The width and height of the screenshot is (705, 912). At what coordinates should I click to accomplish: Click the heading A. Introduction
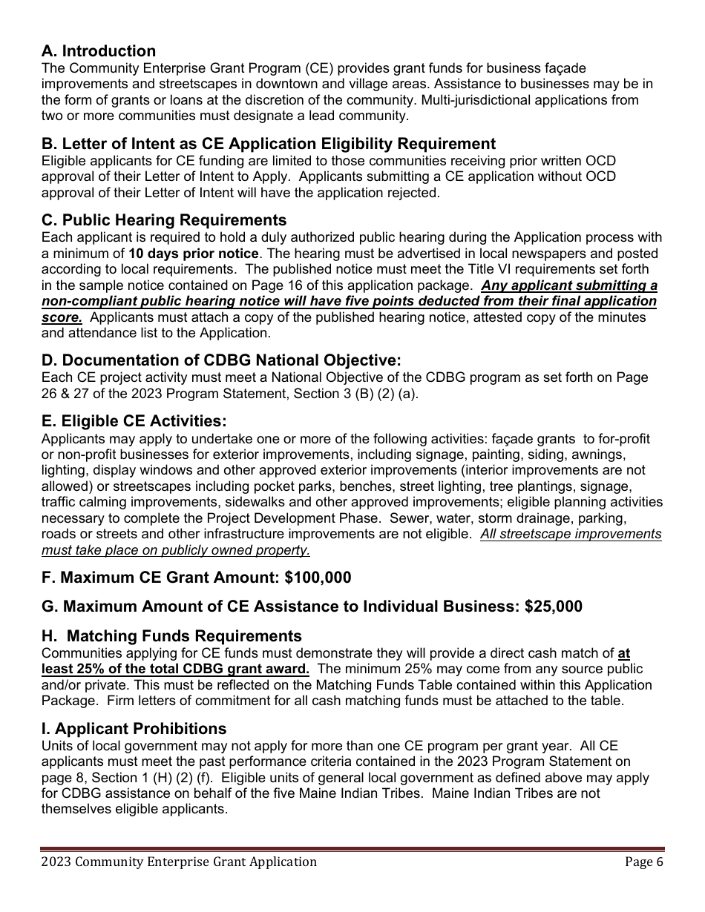pos(99,51)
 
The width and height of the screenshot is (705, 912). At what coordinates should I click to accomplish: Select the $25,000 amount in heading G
pos(553,607)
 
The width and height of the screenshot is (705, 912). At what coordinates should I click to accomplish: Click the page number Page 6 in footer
pos(643,862)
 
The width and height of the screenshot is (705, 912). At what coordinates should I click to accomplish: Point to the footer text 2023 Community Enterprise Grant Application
pos(179,862)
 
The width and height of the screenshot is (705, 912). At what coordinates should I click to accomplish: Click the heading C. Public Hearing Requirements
pos(164,220)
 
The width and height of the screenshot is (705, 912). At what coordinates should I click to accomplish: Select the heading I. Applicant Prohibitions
pos(134,728)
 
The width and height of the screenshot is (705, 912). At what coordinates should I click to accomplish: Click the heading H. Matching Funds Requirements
pos(171,636)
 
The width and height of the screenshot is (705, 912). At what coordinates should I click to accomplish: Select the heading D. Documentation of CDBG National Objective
pos(221,360)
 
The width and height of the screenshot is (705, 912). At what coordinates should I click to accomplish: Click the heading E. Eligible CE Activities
pos(134,421)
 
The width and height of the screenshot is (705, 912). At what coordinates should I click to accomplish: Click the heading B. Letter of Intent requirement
pos(269,144)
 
